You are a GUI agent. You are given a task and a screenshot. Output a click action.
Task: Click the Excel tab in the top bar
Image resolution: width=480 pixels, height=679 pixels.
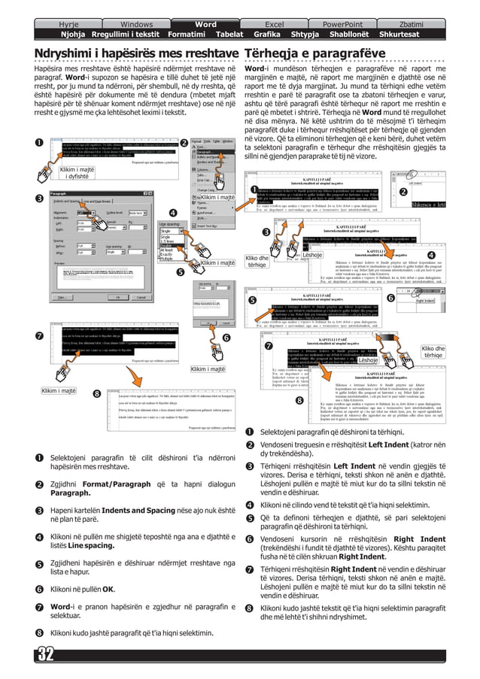pos(275,5)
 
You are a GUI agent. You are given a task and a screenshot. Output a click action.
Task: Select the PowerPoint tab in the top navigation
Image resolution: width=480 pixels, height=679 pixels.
pos(342,5)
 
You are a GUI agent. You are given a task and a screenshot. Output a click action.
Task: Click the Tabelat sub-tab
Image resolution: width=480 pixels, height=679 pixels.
pos(229,14)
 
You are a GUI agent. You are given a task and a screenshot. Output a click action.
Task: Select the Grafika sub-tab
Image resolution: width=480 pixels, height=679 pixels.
pos(267,14)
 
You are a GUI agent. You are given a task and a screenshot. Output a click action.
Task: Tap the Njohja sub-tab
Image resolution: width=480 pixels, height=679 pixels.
pos(73,14)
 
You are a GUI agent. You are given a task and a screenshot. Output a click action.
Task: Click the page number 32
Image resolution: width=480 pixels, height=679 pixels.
pos(42,653)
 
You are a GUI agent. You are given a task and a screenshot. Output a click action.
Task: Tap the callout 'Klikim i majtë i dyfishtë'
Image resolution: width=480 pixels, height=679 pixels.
pos(78,171)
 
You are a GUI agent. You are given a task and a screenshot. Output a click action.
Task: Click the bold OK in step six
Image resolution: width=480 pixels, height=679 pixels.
pos(108,590)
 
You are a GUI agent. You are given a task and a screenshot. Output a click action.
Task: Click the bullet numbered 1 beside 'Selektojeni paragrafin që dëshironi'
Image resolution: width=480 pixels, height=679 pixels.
pos(250,432)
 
